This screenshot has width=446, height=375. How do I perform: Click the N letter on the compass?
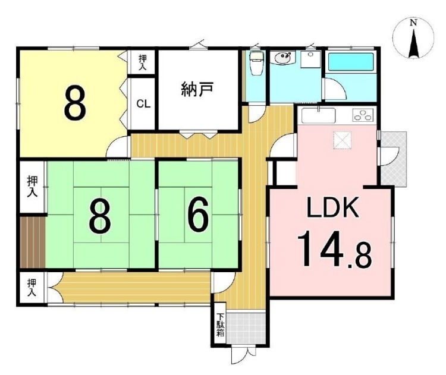(x=413, y=23)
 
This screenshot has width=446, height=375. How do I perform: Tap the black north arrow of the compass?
(x=414, y=43)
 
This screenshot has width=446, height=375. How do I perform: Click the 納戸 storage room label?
(x=197, y=89)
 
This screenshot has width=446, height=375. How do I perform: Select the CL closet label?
(x=143, y=104)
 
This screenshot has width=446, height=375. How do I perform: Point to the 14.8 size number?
(x=334, y=250)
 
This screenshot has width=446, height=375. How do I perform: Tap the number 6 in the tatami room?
(x=198, y=215)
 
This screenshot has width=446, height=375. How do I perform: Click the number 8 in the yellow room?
(x=75, y=102)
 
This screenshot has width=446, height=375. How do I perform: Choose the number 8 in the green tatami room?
(x=99, y=216)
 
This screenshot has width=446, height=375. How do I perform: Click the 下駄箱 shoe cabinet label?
(x=220, y=324)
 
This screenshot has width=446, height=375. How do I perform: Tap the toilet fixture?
(x=257, y=63)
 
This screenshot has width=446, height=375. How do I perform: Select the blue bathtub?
(x=351, y=62)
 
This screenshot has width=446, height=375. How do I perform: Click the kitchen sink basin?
(x=318, y=115)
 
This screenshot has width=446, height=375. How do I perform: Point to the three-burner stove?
(x=363, y=115)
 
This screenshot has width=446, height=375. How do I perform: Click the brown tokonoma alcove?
(x=33, y=242)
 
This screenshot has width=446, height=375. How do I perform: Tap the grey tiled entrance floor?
(x=246, y=329)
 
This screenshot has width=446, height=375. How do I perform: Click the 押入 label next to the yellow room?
(x=143, y=63)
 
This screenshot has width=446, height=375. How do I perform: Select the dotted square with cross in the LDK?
(x=343, y=140)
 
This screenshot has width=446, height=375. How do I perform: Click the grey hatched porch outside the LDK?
(x=394, y=159)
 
